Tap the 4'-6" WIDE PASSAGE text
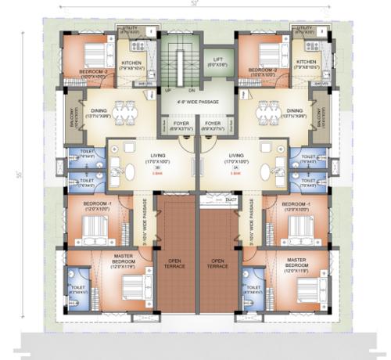pyautogui.click(x=195, y=102)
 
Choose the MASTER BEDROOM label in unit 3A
pyautogui.click(x=297, y=262)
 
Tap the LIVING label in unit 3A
pyautogui.click(x=235, y=155)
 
